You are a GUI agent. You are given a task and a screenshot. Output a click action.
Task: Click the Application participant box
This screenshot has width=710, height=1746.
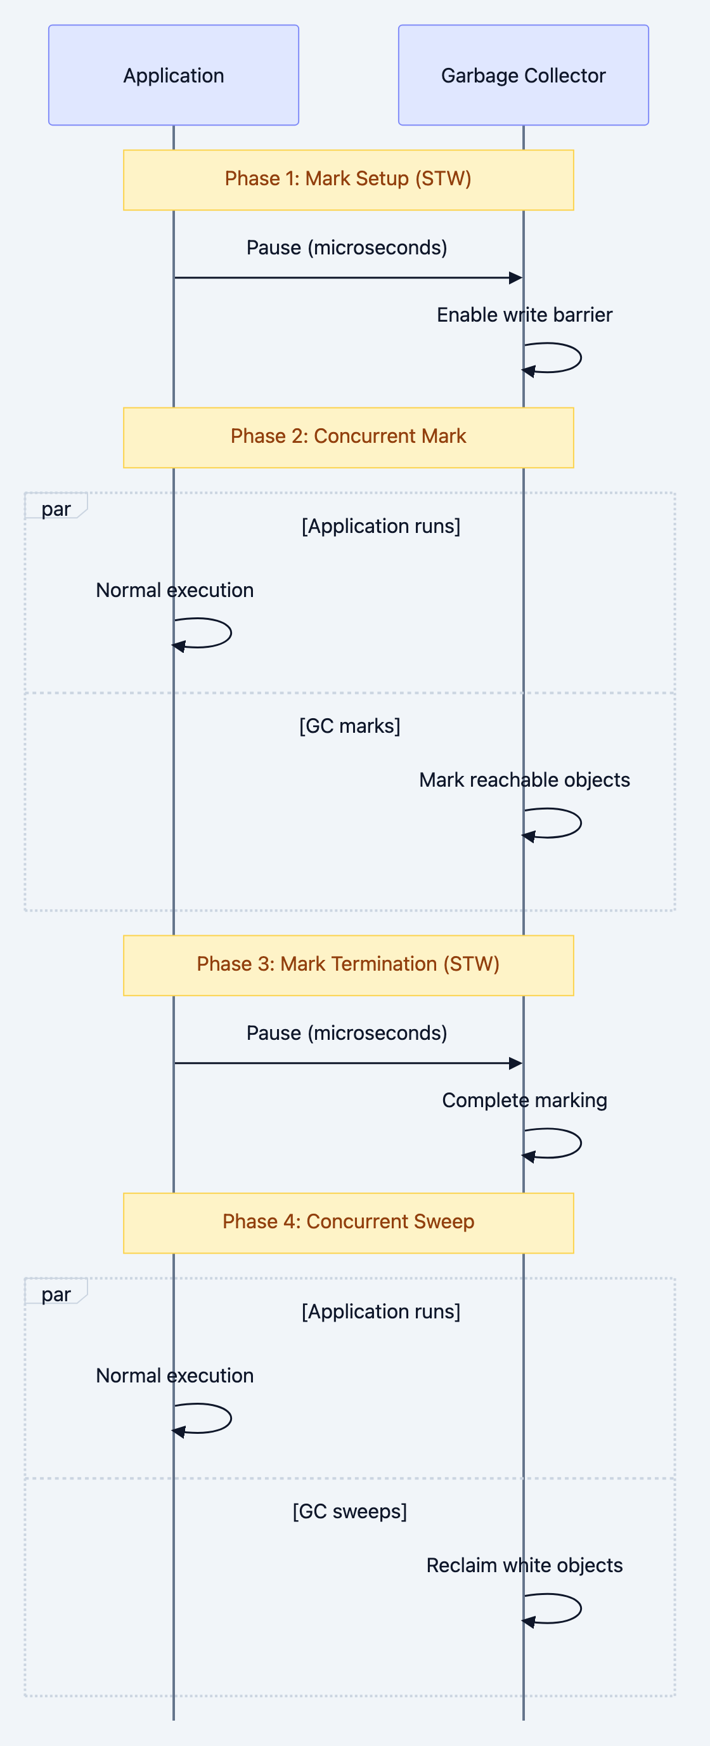[x=174, y=75]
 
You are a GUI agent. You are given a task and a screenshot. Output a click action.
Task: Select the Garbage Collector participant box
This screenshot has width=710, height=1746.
[x=523, y=75]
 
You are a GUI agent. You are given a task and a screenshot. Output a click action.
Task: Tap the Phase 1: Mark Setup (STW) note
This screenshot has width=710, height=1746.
[x=348, y=180]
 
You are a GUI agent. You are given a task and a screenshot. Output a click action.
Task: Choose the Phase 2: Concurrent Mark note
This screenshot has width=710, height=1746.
[x=348, y=437]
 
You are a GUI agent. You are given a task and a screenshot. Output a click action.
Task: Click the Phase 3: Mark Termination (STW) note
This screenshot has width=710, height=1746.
[x=348, y=965]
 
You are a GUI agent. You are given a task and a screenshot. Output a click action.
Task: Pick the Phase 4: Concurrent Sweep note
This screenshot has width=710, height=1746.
[x=348, y=1223]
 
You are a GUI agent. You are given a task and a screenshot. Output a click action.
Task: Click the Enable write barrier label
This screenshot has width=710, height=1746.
[x=524, y=315]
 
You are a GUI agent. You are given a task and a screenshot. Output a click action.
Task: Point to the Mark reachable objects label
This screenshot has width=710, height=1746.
[x=524, y=780]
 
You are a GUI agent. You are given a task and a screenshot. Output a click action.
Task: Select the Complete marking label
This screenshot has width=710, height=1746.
[x=524, y=1101]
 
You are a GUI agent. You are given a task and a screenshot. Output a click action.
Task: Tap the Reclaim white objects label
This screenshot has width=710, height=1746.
[x=524, y=1566]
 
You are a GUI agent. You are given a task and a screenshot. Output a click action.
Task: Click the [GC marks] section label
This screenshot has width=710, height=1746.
[x=349, y=726]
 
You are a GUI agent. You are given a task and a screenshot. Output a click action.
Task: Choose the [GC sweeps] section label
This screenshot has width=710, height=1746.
[x=349, y=1512]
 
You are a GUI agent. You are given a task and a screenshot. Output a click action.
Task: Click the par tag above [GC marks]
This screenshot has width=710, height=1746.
[x=56, y=509]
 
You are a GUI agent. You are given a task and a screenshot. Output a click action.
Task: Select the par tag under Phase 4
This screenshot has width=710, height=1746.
[x=56, y=1294]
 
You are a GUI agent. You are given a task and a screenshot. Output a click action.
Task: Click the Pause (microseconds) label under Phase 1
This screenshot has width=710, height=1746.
[x=347, y=248]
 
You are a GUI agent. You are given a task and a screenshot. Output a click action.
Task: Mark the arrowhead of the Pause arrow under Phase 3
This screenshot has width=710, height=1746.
[x=515, y=1063]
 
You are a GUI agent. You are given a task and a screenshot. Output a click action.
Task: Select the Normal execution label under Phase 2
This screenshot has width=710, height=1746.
[x=175, y=591]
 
